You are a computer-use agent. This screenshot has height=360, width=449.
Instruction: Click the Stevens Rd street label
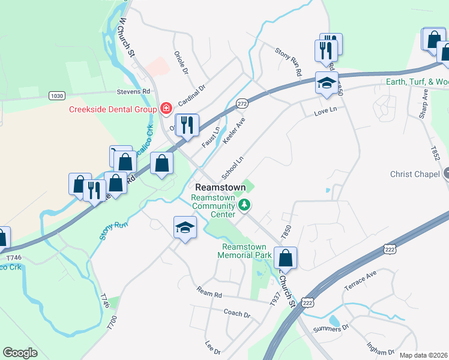(x=133, y=92)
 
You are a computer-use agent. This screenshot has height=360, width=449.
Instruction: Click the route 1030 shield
(x=56, y=95)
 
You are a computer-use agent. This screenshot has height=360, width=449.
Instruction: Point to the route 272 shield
(x=242, y=103)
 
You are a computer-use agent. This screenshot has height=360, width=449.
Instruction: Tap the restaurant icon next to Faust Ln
(x=187, y=125)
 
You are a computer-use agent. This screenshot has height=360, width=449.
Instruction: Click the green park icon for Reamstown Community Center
(x=244, y=206)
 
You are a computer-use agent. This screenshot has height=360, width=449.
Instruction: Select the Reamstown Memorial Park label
(x=247, y=251)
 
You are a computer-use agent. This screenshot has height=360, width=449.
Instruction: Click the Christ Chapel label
(x=415, y=174)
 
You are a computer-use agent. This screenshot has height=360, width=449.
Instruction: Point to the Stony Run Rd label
(x=289, y=61)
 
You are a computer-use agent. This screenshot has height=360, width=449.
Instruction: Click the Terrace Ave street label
(x=360, y=280)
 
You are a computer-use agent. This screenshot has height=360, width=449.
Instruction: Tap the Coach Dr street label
(x=237, y=314)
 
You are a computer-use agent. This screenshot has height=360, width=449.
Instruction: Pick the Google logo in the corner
(x=20, y=353)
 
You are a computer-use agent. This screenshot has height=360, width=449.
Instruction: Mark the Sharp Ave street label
(x=424, y=103)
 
